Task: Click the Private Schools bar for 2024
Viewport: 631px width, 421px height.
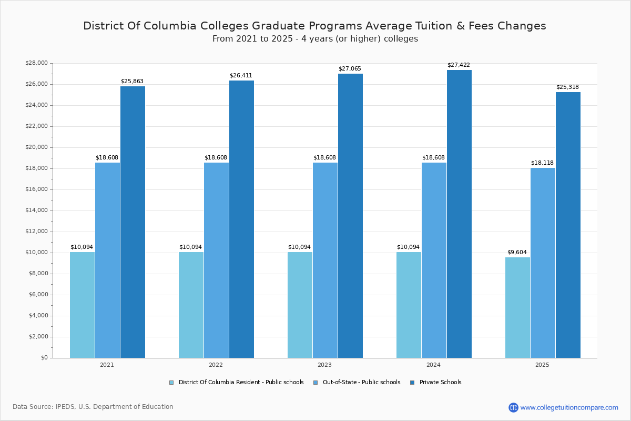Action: (459, 214)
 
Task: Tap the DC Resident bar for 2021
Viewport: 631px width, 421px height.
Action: (82, 305)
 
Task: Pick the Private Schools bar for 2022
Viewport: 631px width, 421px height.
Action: (241, 219)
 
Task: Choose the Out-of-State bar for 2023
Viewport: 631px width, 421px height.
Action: (325, 260)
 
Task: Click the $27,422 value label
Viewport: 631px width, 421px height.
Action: (459, 65)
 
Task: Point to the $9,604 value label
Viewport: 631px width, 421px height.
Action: (517, 253)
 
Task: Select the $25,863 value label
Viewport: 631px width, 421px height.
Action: (132, 82)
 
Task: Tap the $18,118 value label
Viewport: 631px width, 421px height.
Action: (542, 163)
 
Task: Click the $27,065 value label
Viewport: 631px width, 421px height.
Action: (350, 69)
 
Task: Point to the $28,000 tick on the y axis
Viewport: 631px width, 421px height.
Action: (36, 63)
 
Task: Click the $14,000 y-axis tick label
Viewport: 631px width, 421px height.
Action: (36, 210)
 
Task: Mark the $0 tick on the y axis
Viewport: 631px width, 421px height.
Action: (44, 358)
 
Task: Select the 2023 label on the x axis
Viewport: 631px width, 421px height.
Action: (324, 365)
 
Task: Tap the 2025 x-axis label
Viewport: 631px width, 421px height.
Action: (542, 365)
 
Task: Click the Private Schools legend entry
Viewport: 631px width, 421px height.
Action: (440, 383)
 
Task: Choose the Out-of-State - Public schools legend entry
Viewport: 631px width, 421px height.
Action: (361, 383)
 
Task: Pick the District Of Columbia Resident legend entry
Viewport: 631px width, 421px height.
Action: (240, 383)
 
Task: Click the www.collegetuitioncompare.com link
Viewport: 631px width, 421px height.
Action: (569, 407)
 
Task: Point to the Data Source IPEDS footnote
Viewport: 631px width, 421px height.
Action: (93, 407)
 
